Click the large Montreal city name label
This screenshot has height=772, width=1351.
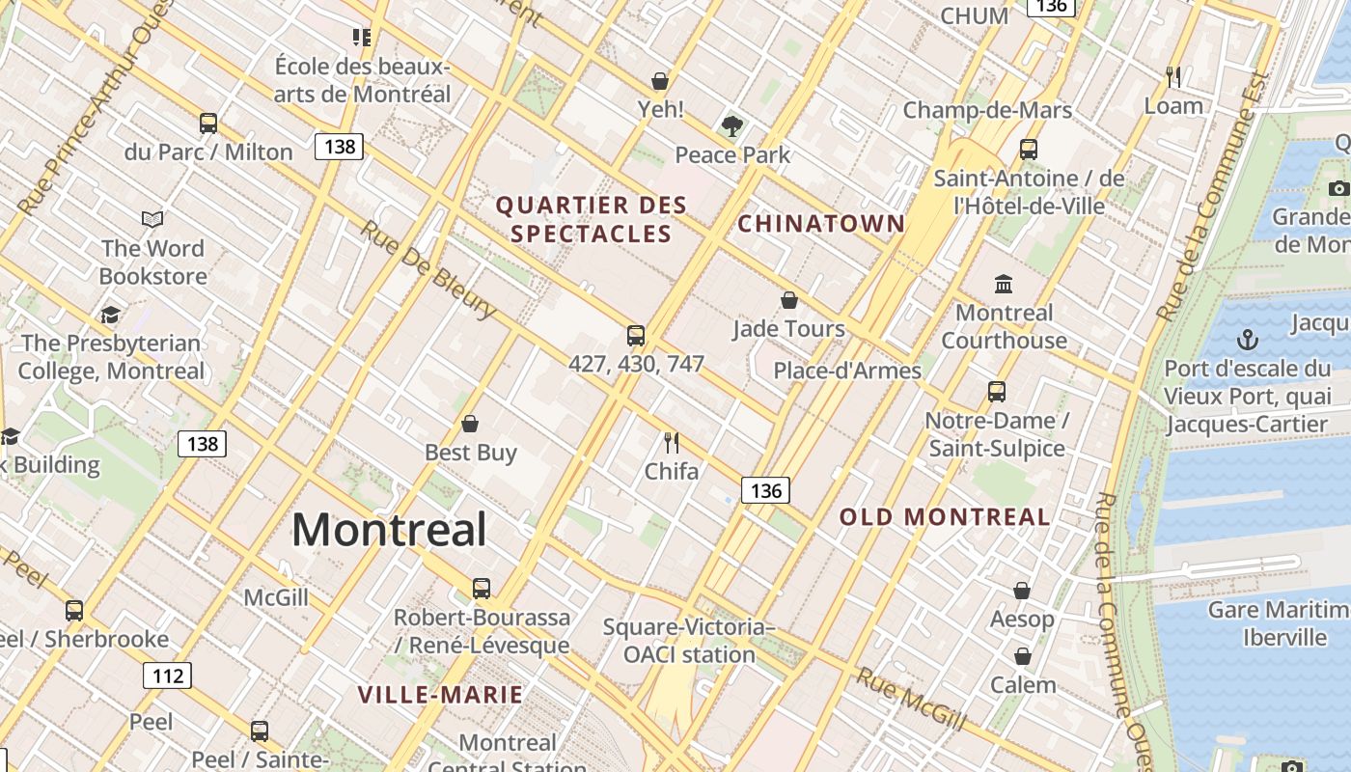coord(389,530)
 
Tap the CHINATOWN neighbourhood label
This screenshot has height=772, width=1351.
coord(821,224)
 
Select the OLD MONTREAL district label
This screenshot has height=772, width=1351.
coord(945,517)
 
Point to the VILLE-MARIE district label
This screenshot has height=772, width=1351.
coord(440,695)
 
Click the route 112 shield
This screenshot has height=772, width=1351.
coord(168,675)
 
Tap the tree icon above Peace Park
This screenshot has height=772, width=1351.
coord(732,125)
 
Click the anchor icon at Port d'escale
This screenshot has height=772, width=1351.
coord(1248,340)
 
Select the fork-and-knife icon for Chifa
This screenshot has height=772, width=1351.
coord(672,443)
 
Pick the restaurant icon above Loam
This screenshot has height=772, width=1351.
coord(1173,76)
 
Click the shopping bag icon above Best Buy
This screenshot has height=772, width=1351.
coord(470,424)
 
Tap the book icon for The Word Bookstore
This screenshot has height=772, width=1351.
coord(152,219)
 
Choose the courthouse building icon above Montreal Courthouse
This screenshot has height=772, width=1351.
coord(1004,284)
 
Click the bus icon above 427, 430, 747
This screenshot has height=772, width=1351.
coord(636,335)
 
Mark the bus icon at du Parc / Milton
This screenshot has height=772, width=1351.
coord(208,123)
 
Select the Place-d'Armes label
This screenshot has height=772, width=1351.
coord(847,371)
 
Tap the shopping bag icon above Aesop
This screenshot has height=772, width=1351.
coord(1022,590)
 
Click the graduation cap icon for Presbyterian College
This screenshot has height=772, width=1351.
coord(111,315)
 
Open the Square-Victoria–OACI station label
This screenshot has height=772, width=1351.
coord(689,641)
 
